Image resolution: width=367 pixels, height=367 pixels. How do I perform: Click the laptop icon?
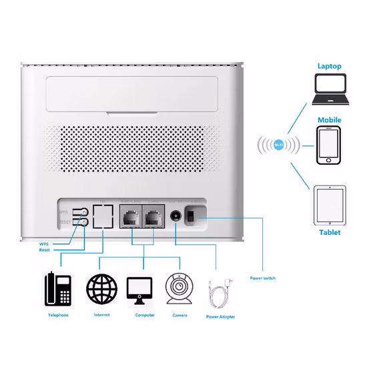(330, 90)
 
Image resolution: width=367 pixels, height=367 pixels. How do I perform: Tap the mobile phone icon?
(328, 147)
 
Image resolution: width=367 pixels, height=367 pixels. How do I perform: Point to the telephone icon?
(58, 288)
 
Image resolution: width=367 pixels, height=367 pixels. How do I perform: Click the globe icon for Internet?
(101, 289)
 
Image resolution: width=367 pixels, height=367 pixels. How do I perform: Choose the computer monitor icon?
(141, 289)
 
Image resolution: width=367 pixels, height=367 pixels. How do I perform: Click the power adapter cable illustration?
(222, 292)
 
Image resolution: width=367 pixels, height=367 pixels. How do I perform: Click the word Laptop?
(329, 67)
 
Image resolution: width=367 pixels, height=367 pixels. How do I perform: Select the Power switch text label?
(263, 278)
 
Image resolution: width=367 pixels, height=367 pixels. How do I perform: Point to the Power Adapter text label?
(220, 316)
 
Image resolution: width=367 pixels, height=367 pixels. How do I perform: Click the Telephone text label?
(58, 314)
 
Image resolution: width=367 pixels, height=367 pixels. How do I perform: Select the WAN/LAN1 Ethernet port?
(129, 216)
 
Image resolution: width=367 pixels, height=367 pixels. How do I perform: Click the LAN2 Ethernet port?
(153, 216)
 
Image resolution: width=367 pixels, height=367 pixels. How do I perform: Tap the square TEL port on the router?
(103, 216)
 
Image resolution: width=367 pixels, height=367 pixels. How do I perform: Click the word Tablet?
(329, 232)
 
